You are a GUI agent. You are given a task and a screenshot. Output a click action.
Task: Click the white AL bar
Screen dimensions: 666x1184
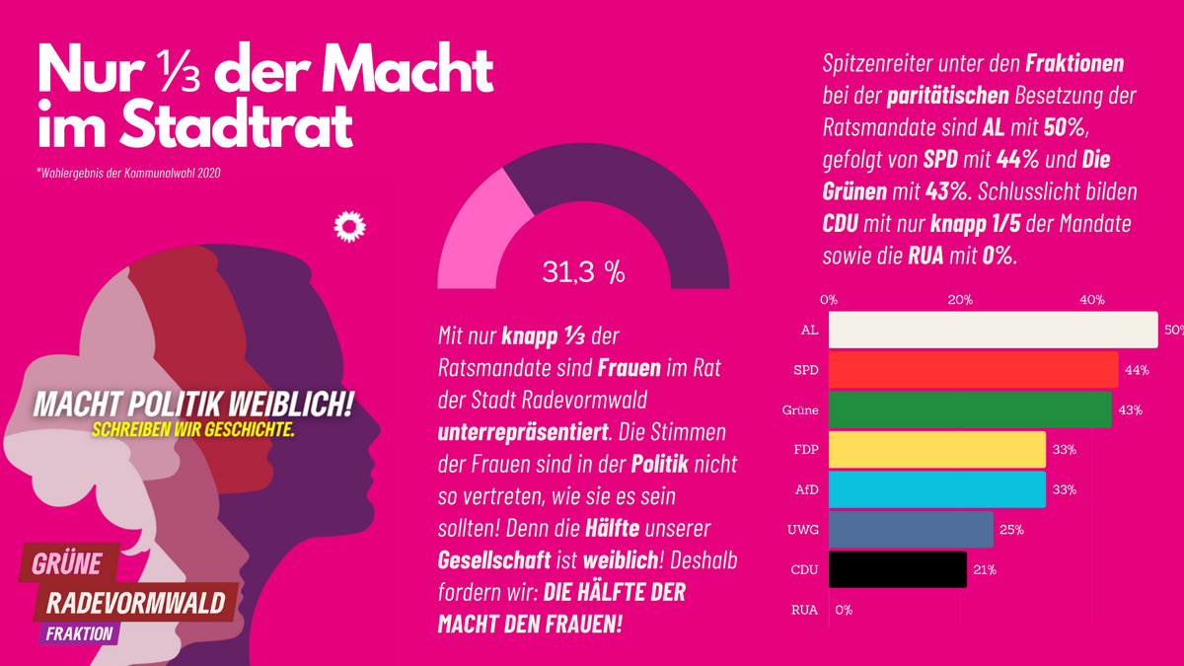[x=992, y=331]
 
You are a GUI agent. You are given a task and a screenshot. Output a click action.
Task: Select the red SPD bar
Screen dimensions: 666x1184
[x=973, y=370]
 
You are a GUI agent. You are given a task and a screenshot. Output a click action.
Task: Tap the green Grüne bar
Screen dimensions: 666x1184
[x=970, y=409]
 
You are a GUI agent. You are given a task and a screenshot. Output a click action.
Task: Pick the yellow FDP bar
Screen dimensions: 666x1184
[x=936, y=450]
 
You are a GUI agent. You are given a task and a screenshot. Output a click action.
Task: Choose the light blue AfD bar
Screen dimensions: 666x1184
[x=936, y=489]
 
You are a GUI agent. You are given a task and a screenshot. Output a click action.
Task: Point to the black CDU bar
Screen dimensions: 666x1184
[x=897, y=569]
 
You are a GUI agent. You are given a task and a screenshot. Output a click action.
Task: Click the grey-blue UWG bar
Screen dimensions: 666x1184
[x=911, y=529]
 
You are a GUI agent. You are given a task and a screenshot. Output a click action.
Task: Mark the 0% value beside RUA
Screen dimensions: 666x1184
[x=844, y=610]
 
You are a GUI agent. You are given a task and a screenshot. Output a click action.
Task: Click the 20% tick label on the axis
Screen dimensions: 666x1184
[x=960, y=300]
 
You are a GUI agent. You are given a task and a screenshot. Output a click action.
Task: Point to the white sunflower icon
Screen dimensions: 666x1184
[x=349, y=227]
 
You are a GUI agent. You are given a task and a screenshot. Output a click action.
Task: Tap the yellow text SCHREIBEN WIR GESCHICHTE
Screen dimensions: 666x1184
[x=193, y=431]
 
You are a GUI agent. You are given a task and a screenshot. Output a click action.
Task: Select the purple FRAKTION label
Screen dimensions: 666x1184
[x=79, y=633]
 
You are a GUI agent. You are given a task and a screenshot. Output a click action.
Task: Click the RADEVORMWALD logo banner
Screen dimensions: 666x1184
[x=135, y=602]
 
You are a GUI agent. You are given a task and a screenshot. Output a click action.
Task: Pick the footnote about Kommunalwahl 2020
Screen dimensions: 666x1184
[x=128, y=175]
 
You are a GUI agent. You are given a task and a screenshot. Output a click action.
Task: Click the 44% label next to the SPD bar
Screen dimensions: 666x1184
[x=1136, y=370]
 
